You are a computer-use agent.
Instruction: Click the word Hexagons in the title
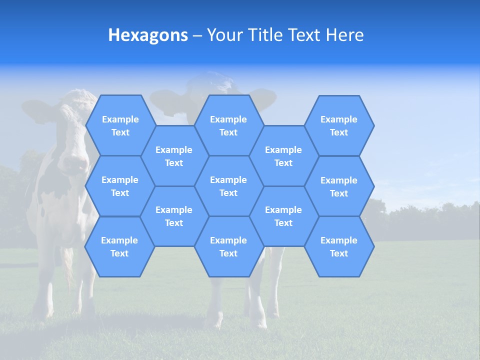[148, 35]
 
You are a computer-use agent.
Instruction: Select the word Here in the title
[344, 35]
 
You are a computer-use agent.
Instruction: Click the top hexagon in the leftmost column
[120, 125]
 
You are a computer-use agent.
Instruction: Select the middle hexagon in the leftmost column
[120, 186]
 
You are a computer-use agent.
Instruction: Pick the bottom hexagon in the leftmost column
[119, 246]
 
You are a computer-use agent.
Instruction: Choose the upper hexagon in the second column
[174, 156]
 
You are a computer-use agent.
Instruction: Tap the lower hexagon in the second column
[174, 216]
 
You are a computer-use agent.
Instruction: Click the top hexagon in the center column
[228, 125]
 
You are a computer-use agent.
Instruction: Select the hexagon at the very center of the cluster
[228, 186]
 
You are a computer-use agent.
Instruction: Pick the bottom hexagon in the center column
[228, 246]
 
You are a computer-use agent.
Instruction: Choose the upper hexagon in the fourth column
[283, 156]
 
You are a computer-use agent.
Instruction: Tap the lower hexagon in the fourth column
[283, 216]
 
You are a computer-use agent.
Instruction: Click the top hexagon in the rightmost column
[339, 125]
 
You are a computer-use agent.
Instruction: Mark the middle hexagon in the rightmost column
[339, 186]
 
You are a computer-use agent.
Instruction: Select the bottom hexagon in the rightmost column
[339, 246]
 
